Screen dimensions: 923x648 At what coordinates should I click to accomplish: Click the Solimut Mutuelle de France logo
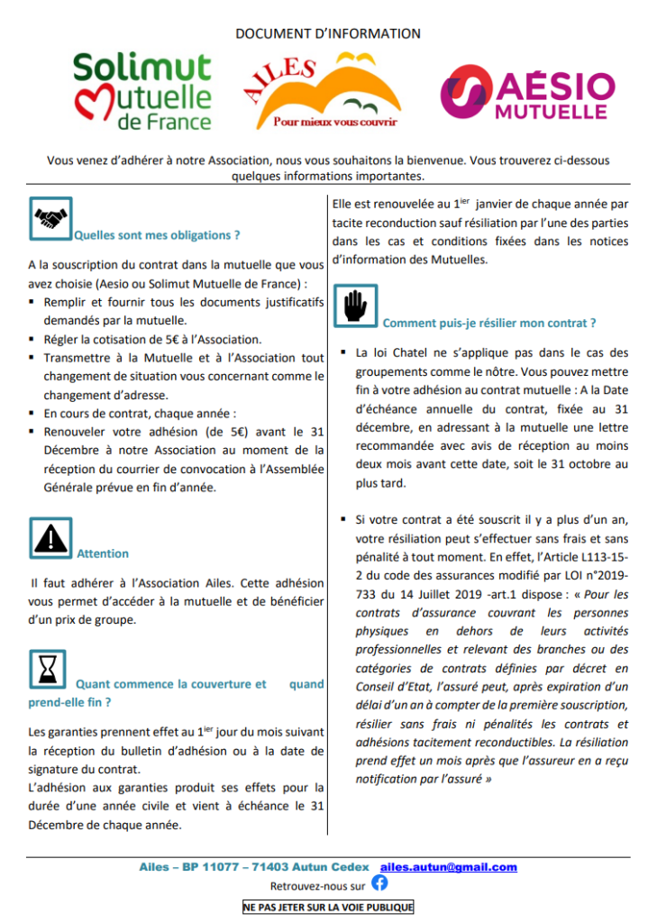click(x=142, y=90)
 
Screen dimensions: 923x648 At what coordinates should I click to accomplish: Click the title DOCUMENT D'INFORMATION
click(x=328, y=33)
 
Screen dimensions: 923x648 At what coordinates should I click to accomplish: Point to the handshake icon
click(x=50, y=220)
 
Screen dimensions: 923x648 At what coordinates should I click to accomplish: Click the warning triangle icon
click(x=50, y=538)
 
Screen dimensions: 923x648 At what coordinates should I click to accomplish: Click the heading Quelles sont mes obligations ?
click(x=157, y=235)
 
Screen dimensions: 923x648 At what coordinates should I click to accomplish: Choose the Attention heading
click(x=103, y=553)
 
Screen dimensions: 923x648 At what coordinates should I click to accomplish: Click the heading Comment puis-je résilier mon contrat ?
click(x=489, y=323)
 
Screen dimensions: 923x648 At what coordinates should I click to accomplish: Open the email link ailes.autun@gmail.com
click(x=449, y=867)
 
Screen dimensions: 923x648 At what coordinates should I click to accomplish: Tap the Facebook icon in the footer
click(x=379, y=885)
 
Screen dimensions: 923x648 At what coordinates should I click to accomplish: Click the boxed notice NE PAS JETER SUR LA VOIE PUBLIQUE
click(x=328, y=907)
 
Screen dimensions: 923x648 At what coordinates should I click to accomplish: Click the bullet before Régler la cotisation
click(x=33, y=340)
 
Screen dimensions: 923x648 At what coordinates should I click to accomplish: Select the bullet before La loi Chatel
click(x=345, y=353)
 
